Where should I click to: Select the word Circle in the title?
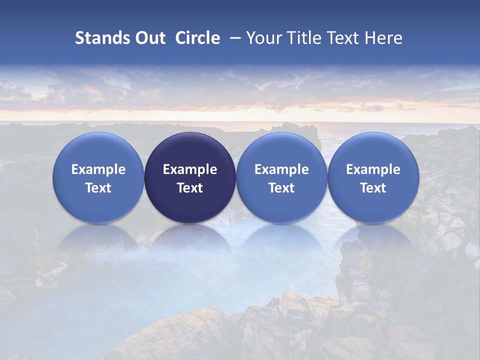click(197, 38)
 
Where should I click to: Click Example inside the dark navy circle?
click(190, 169)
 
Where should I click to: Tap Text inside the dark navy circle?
click(190, 188)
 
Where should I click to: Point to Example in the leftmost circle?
click(98, 169)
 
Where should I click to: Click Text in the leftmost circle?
click(98, 188)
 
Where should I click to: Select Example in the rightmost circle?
click(373, 169)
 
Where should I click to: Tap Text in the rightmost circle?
click(373, 188)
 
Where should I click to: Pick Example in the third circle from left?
click(281, 169)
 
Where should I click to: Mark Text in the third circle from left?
click(281, 188)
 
